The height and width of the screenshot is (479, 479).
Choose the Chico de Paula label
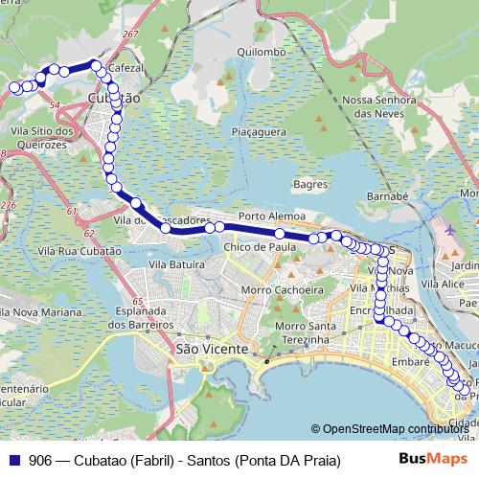point(259,247)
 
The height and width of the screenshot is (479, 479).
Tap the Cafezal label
point(125,69)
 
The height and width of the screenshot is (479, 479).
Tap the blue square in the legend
point(15,460)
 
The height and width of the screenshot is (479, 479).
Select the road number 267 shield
point(131,34)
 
